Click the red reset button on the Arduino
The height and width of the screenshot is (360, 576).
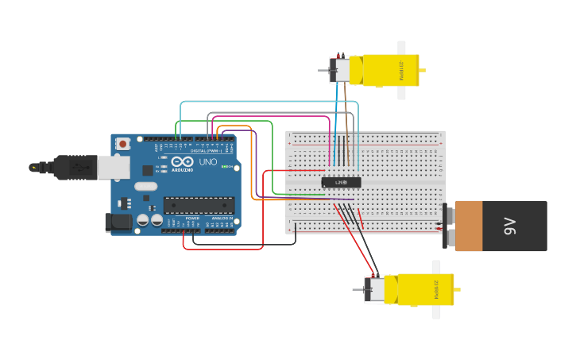tap(122, 144)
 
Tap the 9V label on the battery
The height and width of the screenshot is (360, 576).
tap(510, 226)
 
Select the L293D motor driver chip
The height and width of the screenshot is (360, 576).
tap(341, 182)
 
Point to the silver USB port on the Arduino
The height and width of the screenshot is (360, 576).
tap(113, 167)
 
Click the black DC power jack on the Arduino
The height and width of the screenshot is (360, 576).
tap(118, 223)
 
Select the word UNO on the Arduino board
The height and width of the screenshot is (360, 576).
tap(207, 162)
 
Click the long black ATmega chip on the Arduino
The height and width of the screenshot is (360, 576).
tap(199, 205)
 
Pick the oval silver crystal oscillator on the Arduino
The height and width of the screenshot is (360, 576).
tap(146, 187)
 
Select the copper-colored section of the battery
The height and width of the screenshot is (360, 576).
tap(468, 226)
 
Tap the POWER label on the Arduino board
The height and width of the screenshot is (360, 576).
tap(192, 218)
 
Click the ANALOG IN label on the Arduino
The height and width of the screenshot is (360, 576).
tap(222, 218)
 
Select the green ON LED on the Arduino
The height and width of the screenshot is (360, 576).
tap(226, 166)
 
